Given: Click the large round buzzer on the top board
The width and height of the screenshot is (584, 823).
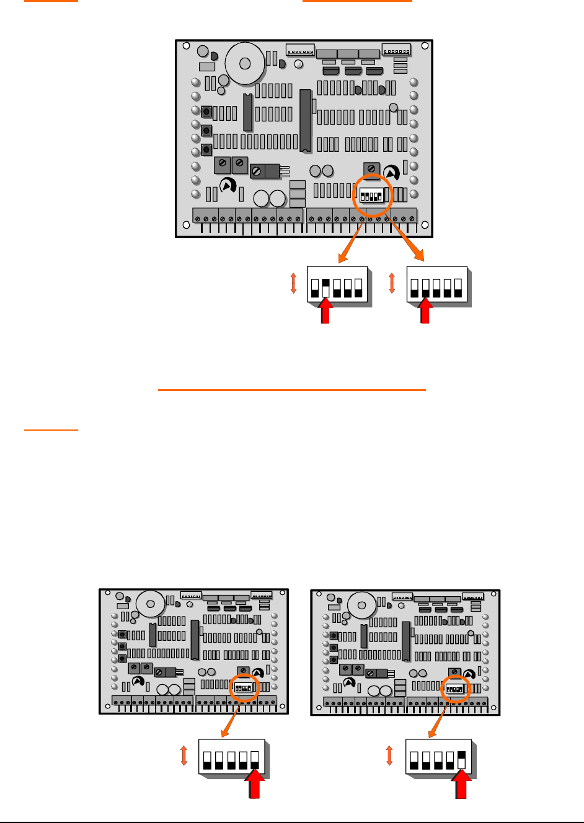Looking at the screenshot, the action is tap(245, 63).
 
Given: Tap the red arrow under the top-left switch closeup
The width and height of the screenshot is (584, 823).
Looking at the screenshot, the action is tap(325, 310).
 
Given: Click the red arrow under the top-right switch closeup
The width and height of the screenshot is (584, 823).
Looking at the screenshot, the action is tap(425, 310).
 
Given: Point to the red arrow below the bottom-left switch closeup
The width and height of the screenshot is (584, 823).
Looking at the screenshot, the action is tap(255, 785).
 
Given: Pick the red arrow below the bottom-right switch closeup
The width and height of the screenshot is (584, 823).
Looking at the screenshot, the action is tap(461, 785).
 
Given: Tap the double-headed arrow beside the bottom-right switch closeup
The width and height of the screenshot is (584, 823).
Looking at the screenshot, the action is tap(389, 755).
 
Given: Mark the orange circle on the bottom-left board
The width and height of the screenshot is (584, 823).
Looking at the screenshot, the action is tap(244, 688).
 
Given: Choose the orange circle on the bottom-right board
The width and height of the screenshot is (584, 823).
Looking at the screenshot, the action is tap(456, 688).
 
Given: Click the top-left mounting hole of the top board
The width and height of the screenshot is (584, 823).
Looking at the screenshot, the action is tap(184, 46).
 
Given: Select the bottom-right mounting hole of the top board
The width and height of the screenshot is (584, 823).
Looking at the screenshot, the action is tap(425, 225).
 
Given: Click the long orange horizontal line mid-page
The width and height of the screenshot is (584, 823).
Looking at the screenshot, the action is tap(292, 390).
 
